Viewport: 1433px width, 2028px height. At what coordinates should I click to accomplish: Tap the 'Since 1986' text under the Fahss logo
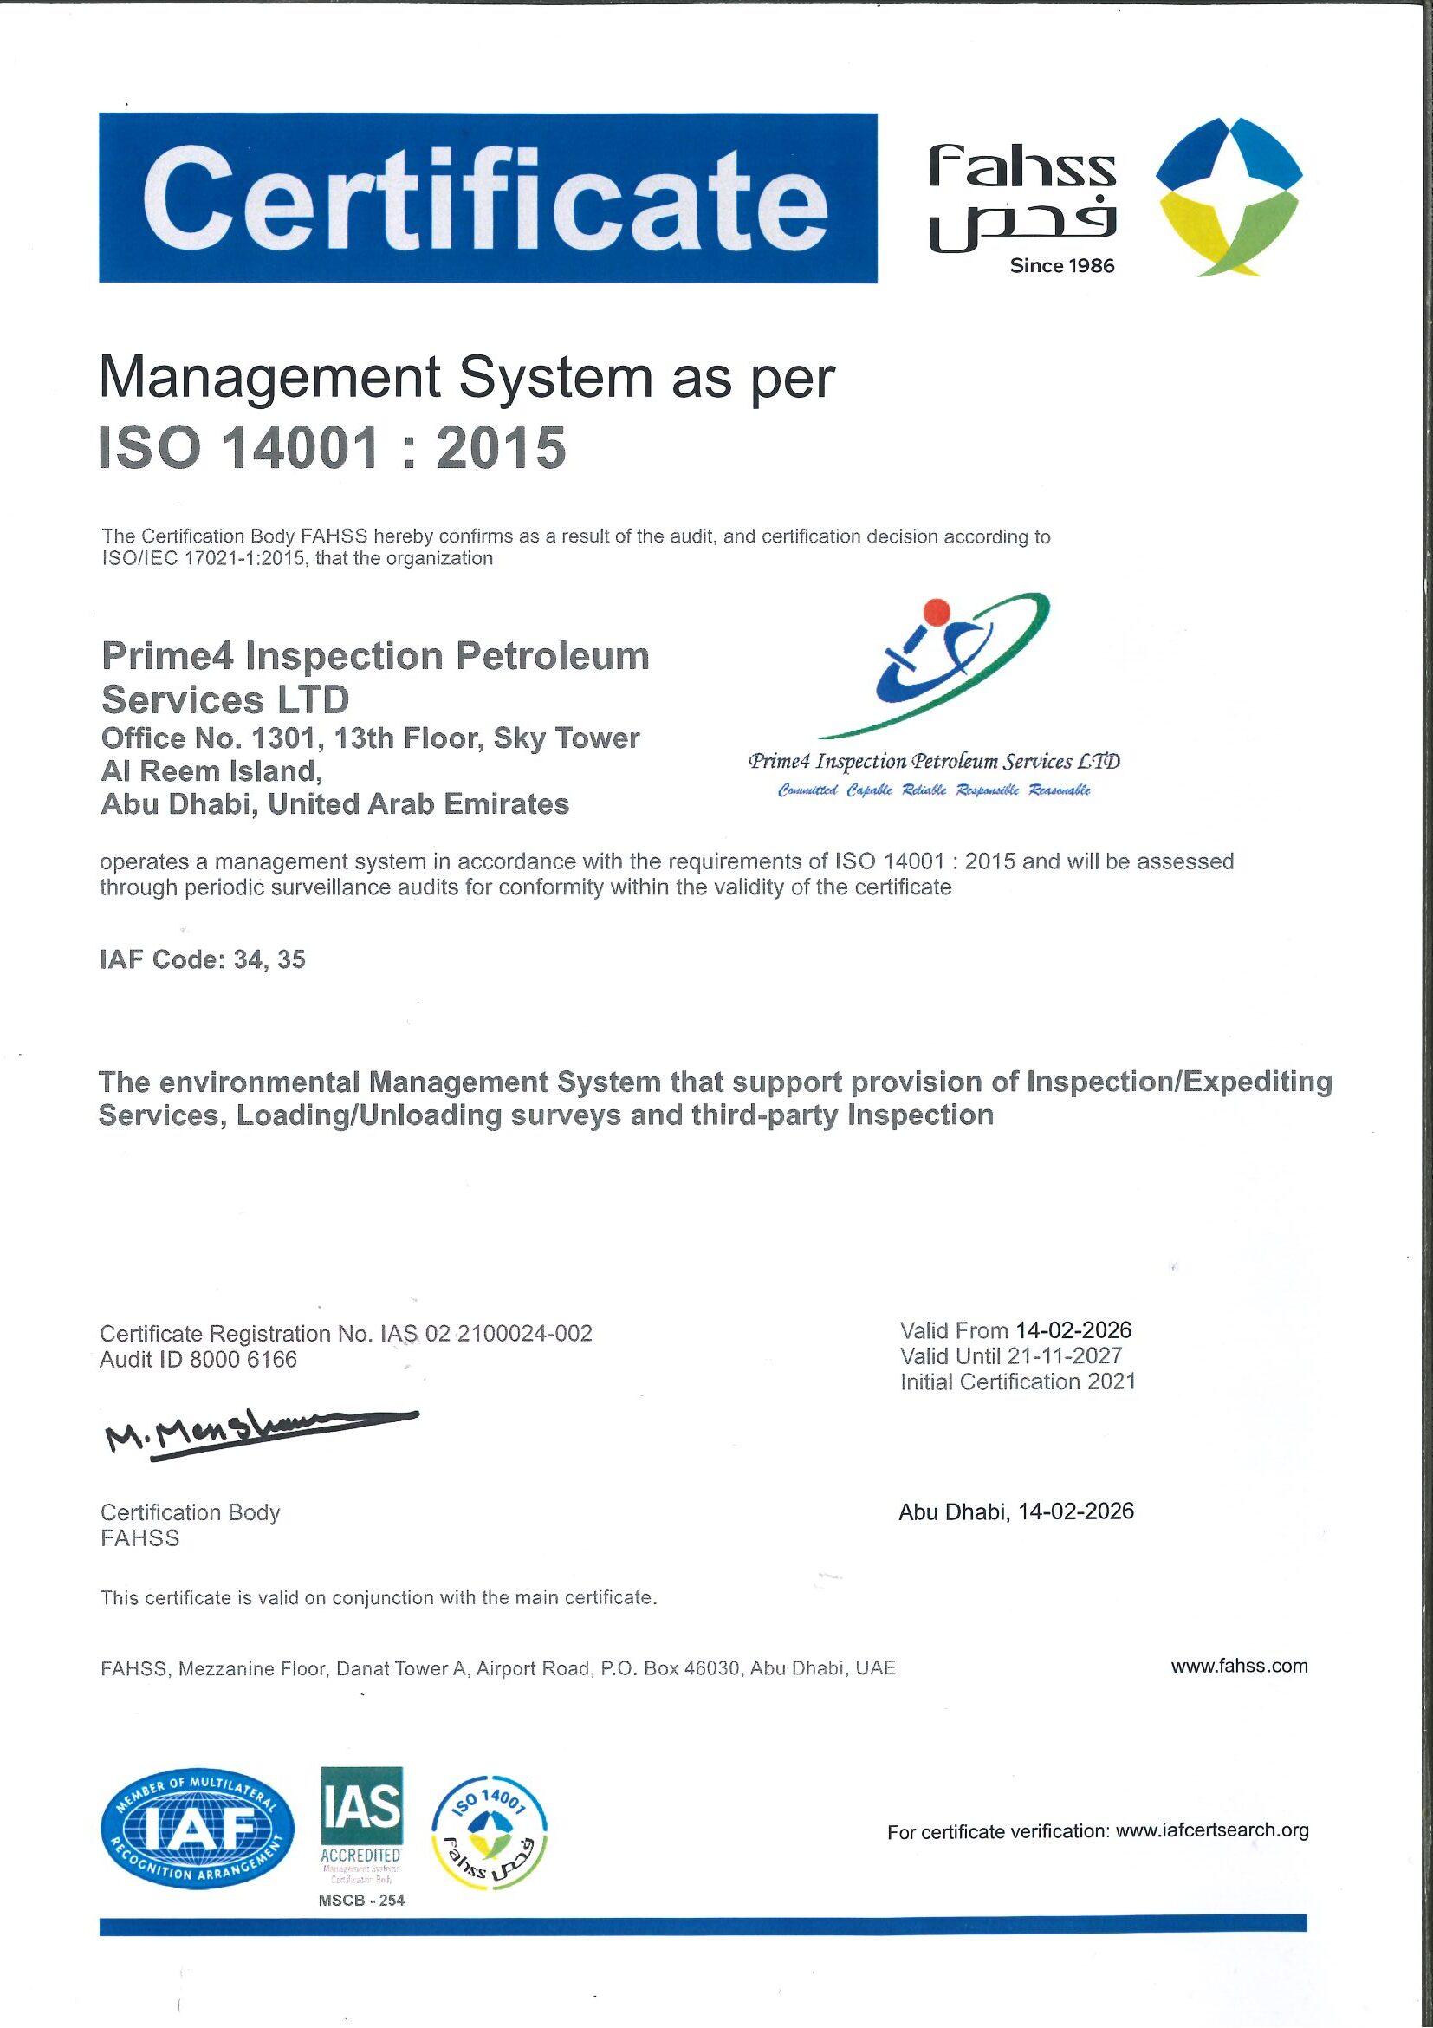click(x=1061, y=266)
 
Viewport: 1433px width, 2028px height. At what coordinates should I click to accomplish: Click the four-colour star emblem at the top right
click(x=1229, y=194)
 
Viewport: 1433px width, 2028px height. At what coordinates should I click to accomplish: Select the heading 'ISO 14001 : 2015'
click(x=333, y=448)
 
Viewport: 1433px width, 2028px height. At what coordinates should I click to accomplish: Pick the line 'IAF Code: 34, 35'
click(x=202, y=959)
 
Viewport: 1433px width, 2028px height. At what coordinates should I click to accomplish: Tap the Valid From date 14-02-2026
click(x=1073, y=1330)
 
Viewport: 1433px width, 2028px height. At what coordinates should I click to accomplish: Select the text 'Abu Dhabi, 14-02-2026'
click(x=1015, y=1511)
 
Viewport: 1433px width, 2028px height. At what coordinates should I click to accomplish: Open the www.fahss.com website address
click(x=1239, y=1667)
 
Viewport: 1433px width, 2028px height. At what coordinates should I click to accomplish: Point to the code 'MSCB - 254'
click(x=361, y=1900)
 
